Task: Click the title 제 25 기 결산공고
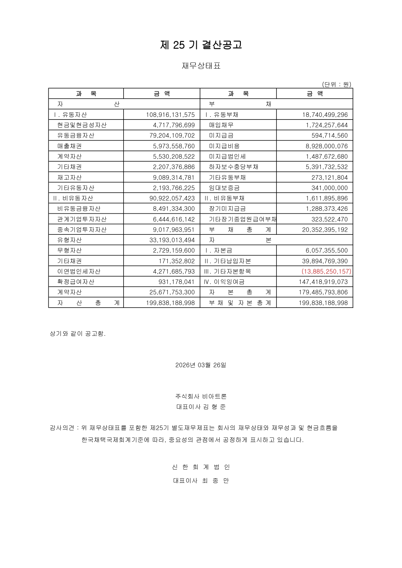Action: pyautogui.click(x=201, y=45)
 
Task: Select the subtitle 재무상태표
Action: pyautogui.click(x=201, y=66)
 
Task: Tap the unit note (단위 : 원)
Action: pyautogui.click(x=337, y=85)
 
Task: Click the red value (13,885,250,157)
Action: pyautogui.click(x=326, y=271)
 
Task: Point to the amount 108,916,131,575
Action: pyautogui.click(x=170, y=115)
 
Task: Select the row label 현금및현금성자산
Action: pyautogui.click(x=82, y=125)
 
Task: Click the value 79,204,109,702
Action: pyautogui.click(x=172, y=135)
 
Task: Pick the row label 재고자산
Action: pyautogui.click(x=69, y=177)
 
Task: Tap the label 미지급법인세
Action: pyautogui.click(x=227, y=156)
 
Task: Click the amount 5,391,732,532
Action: pyautogui.click(x=326, y=167)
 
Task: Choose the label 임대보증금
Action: pyautogui.click(x=224, y=188)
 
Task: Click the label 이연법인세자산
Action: pyautogui.click(x=79, y=271)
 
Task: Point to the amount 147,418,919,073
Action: pyautogui.click(x=323, y=282)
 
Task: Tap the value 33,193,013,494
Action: pyautogui.click(x=172, y=240)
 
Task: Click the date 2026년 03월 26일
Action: pyautogui.click(x=201, y=365)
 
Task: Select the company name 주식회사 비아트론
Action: pyautogui.click(x=201, y=396)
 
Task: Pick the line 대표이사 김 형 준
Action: pyautogui.click(x=201, y=407)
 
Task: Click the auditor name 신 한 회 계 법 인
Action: pyautogui.click(x=201, y=467)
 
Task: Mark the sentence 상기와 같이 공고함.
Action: pyautogui.click(x=78, y=334)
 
